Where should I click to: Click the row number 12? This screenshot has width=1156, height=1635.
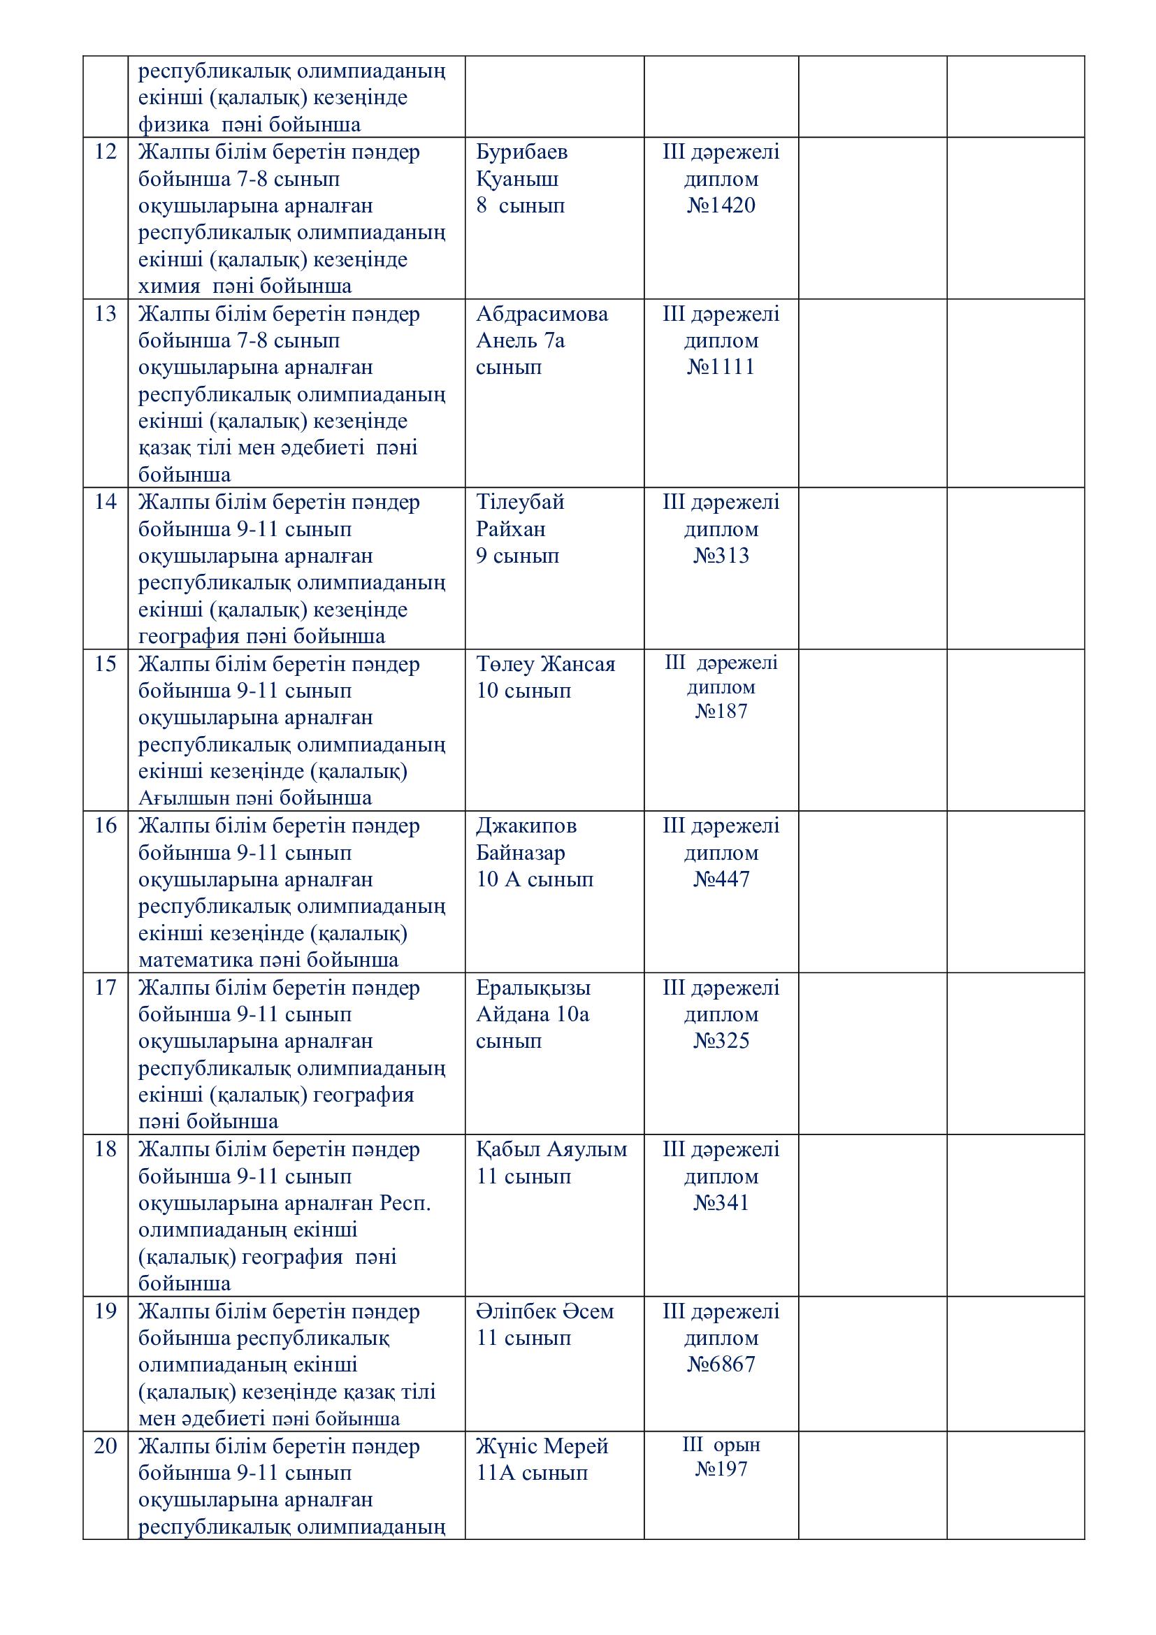point(106,152)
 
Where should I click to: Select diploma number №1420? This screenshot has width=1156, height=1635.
point(721,206)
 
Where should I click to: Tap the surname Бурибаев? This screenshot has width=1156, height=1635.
point(522,152)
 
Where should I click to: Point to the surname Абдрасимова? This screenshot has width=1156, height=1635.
point(542,314)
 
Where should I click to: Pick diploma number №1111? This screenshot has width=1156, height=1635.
point(721,368)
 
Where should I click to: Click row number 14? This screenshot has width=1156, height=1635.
point(106,502)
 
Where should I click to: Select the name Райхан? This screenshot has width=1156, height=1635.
point(510,529)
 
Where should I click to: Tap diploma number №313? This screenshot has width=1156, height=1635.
point(721,556)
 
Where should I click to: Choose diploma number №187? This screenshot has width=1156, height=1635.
point(721,712)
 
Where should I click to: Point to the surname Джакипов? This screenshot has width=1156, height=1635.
point(526,826)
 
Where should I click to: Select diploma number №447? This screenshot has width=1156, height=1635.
point(721,879)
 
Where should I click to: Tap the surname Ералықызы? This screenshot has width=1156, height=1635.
point(533,988)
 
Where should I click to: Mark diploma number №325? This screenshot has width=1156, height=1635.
point(721,1041)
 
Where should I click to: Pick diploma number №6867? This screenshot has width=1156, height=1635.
point(721,1364)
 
